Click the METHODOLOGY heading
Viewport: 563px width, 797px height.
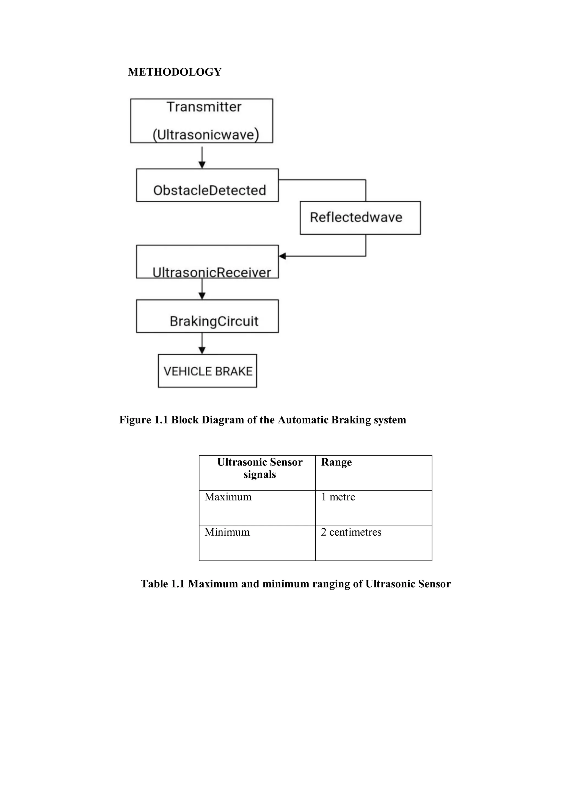pyautogui.click(x=175, y=72)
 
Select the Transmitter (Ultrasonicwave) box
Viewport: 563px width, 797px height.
pyautogui.click(x=202, y=121)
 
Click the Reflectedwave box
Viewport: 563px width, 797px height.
pyautogui.click(x=360, y=218)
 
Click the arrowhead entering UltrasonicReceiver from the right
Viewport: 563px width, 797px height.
pyautogui.click(x=282, y=256)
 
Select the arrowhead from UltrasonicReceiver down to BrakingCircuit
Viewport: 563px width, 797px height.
pyautogui.click(x=202, y=296)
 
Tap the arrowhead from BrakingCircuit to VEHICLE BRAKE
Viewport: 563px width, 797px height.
pyautogui.click(x=202, y=350)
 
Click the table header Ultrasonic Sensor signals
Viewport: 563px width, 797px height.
pyautogui.click(x=260, y=468)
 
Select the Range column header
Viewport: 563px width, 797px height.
pyautogui.click(x=336, y=462)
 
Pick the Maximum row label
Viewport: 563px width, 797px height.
pyautogui.click(x=228, y=497)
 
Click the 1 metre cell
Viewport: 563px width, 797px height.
pyautogui.click(x=338, y=497)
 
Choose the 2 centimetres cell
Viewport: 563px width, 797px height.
pyautogui.click(x=351, y=532)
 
